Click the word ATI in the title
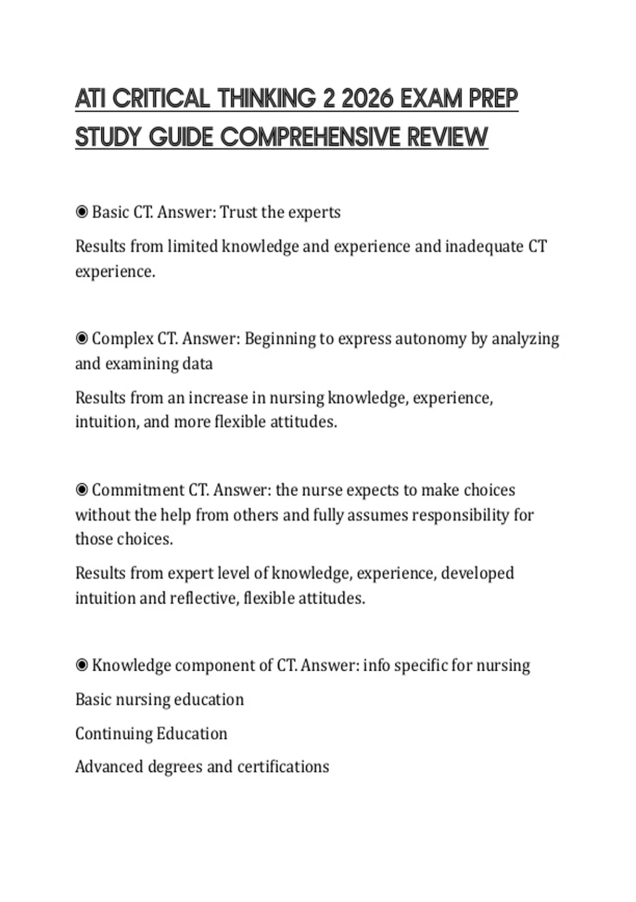coord(91,99)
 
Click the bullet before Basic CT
coord(82,212)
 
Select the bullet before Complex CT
coord(82,339)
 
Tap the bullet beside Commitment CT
coord(82,490)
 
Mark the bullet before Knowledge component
coord(82,665)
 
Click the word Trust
coord(238,212)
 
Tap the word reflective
coord(204,598)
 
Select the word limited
coord(192,247)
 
